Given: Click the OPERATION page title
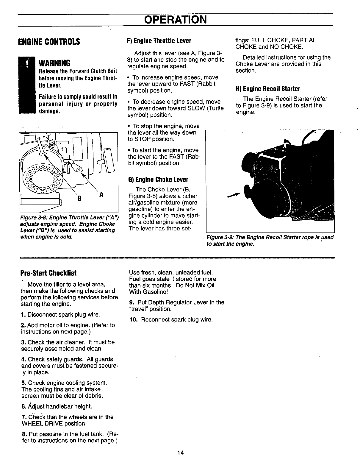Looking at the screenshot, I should (x=175, y=20).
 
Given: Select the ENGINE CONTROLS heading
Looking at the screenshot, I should (x=49, y=41).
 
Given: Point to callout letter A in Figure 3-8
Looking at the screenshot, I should (x=101, y=194).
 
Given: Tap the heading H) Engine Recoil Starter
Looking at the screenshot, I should (x=268, y=89).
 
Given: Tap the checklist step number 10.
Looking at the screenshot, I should (x=133, y=320).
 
